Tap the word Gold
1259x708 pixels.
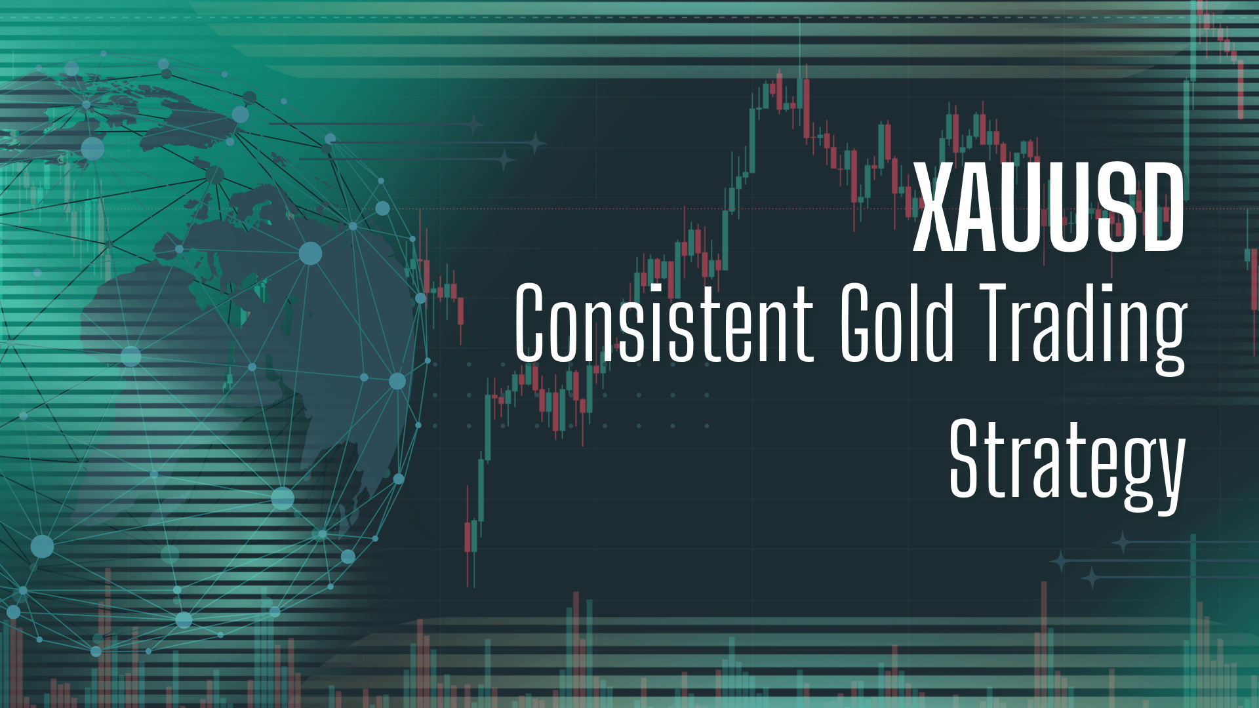click(897, 324)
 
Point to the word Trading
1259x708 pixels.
click(1082, 325)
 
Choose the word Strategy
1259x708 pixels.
click(1067, 462)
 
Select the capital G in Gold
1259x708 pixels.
click(860, 324)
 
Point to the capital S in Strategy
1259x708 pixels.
click(967, 459)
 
